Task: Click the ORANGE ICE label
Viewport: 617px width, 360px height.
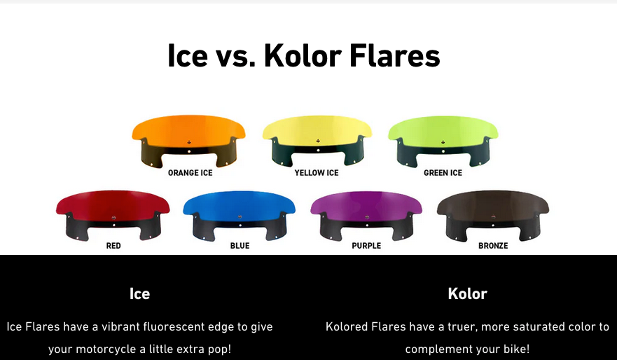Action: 190,173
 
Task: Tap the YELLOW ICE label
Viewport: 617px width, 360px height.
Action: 317,173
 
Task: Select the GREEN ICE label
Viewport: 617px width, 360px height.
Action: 443,173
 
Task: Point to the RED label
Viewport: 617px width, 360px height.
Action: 113,246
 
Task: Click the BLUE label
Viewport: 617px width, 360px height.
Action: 240,246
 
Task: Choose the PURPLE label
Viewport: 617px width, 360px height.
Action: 366,246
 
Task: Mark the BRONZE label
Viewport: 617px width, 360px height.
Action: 493,246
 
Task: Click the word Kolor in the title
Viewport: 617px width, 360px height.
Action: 303,56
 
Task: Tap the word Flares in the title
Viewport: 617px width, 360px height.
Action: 395,56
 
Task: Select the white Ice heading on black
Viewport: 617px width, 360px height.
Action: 139,294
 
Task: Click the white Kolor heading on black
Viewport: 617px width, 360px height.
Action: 467,294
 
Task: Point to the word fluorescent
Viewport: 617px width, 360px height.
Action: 176,326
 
